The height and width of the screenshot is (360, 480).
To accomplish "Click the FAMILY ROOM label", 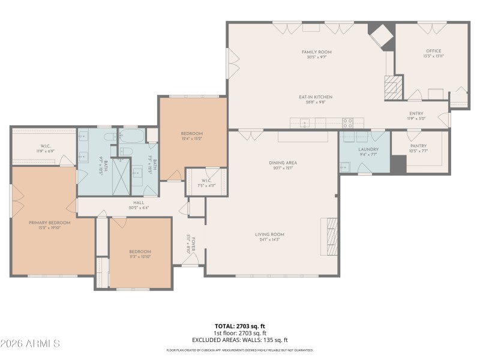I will point(316,52).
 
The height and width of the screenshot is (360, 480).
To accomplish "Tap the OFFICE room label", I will point(433,51).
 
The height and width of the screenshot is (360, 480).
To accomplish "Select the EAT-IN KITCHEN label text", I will point(316,97).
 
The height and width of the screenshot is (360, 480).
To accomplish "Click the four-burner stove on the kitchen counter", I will point(347,123).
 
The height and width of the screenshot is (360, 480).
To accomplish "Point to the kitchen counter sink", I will point(305,123).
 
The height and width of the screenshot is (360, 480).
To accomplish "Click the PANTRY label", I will point(418,145).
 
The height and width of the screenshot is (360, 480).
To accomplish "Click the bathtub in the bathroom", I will point(131,136).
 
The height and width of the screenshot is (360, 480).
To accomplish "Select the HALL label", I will point(137,203).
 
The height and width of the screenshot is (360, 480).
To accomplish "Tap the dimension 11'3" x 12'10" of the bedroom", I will point(139,256).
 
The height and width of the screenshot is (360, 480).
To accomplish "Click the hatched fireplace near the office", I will point(391,88).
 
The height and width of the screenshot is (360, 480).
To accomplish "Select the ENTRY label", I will point(416,113).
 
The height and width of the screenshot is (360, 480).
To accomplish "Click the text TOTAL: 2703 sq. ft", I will point(239,326).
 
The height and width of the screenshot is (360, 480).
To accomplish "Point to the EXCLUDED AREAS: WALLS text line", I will point(239,339).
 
